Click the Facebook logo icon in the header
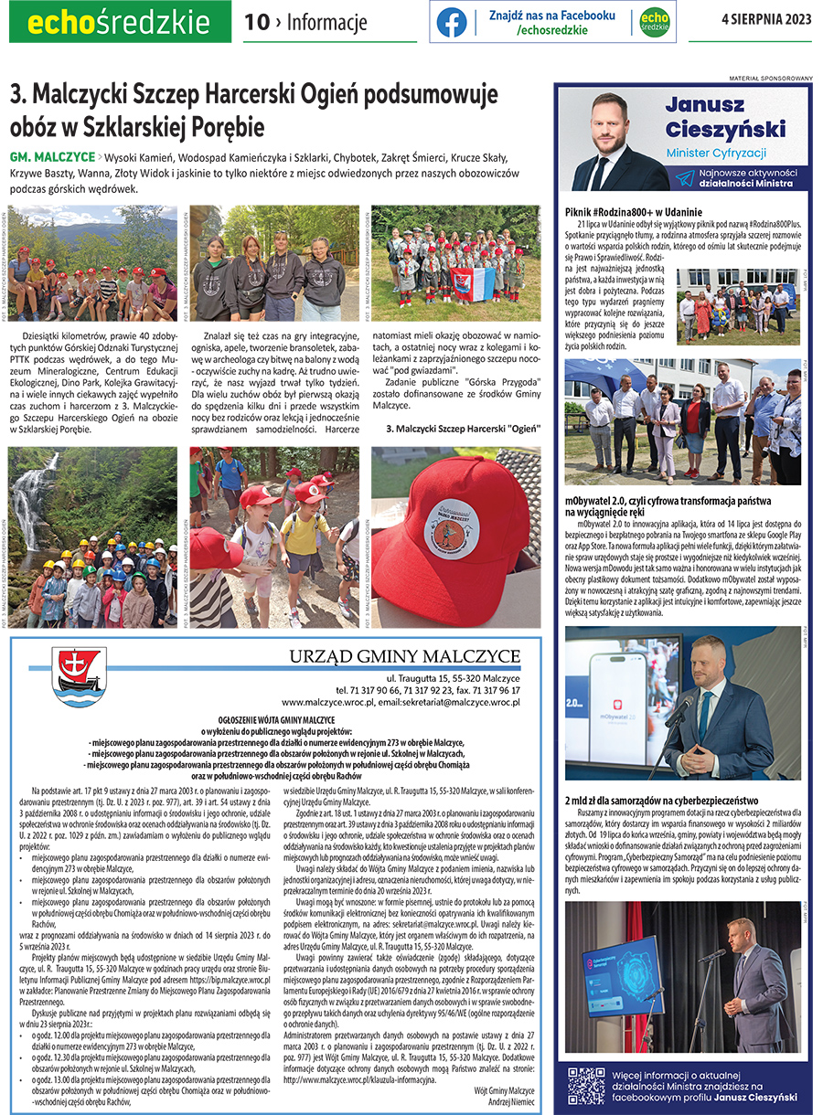(452, 22)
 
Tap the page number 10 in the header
(257, 23)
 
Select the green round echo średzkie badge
(654, 22)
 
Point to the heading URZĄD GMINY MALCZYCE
(404, 656)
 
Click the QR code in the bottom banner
(586, 1086)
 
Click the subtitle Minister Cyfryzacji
(716, 153)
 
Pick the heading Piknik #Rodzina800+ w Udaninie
(633, 212)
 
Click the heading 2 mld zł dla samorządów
(670, 801)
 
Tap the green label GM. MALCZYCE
(52, 156)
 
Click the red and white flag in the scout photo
(473, 281)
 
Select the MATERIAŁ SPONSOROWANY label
(771, 79)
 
